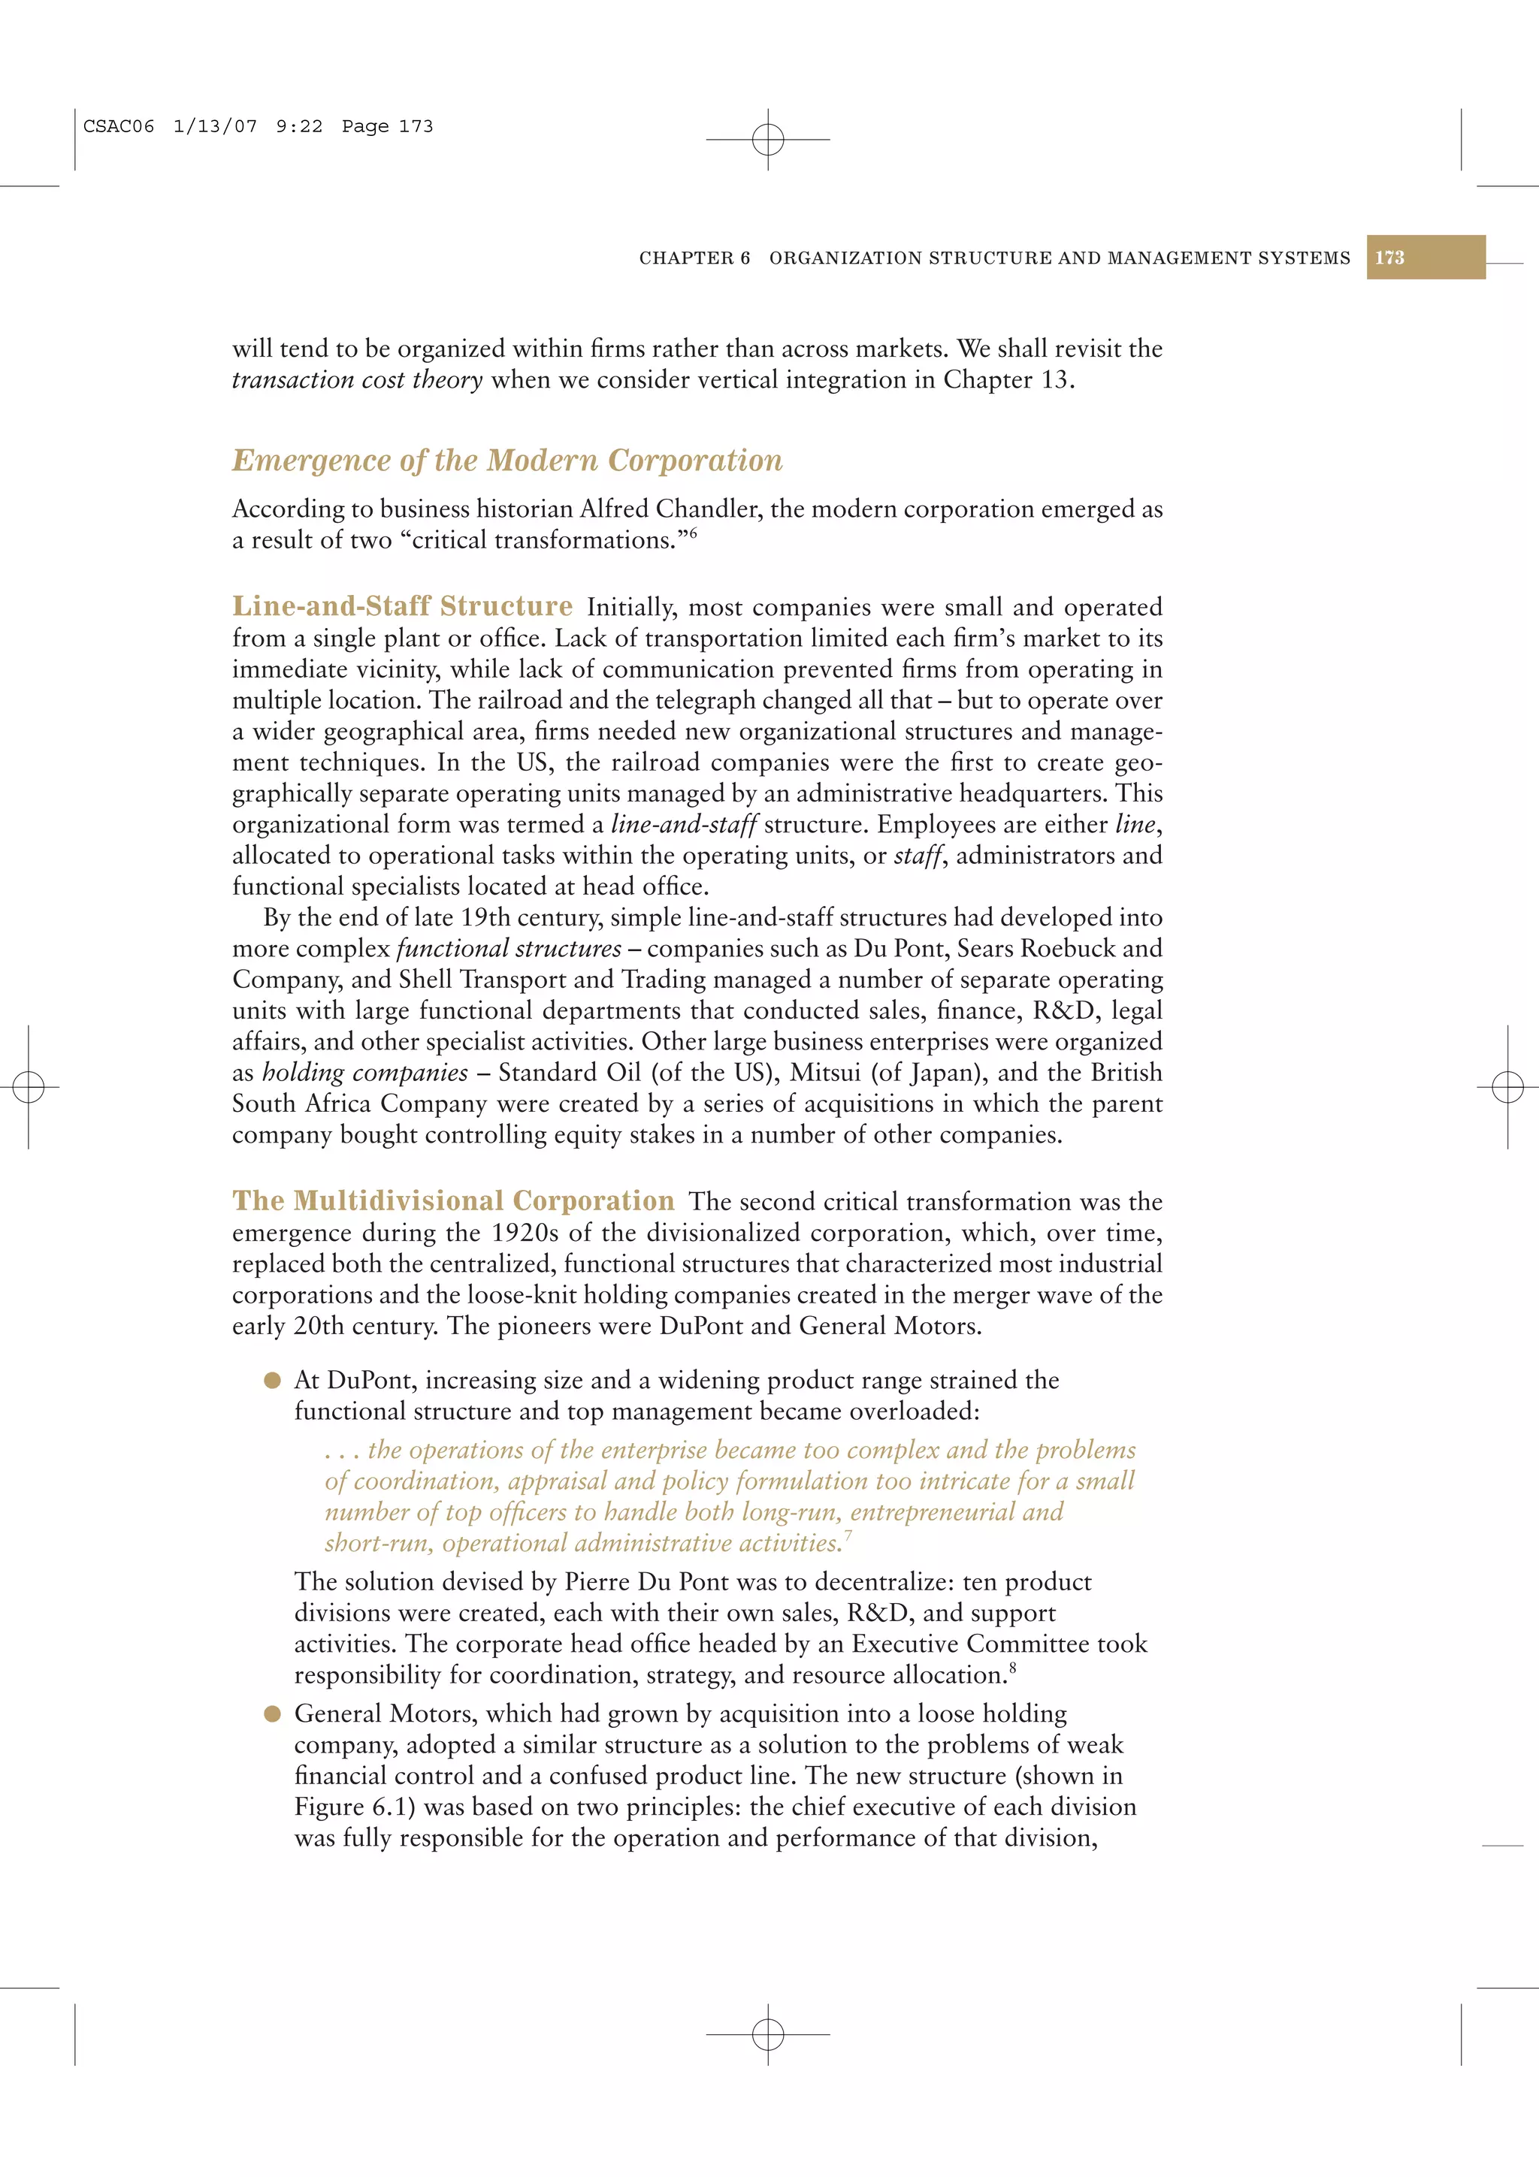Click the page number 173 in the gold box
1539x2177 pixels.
tap(1389, 258)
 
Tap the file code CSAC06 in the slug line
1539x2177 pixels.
tap(119, 127)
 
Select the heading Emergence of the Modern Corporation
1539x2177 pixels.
tap(507, 460)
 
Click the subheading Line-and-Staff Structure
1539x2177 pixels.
tap(402, 607)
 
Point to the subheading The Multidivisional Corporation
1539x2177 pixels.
tap(453, 1201)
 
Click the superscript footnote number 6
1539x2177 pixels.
tap(693, 534)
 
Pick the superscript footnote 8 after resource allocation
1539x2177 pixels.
tap(1013, 1668)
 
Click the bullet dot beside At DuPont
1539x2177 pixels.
tap(273, 1381)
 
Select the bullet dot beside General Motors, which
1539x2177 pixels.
tap(273, 1714)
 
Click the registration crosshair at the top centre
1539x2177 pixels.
tap(768, 140)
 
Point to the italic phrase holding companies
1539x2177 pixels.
tap(365, 1073)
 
